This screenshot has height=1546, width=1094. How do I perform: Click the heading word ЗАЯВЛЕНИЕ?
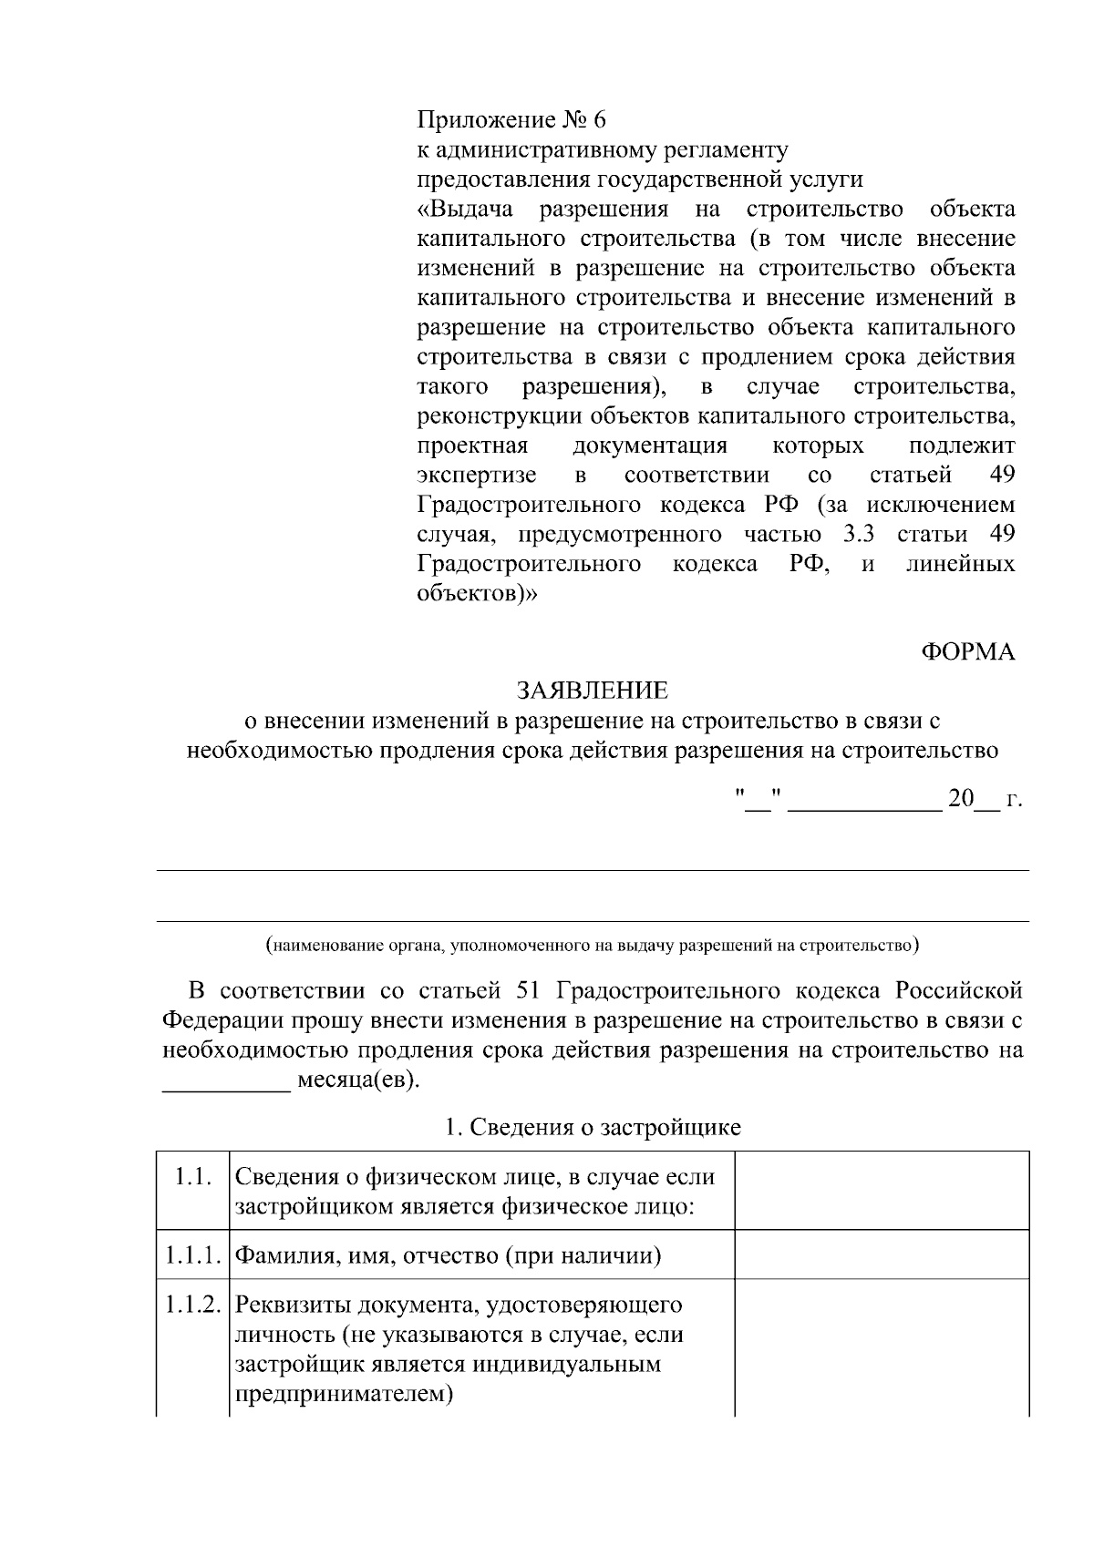[593, 690]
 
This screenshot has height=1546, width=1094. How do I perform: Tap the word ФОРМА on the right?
[968, 651]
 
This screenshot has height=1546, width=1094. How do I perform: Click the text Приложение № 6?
[511, 120]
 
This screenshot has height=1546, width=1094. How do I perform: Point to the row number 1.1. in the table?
[193, 1176]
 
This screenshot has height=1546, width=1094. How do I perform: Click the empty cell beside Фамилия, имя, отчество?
[882, 1254]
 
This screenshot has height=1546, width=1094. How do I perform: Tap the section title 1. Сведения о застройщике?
[593, 1127]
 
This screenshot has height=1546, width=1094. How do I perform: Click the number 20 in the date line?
[961, 799]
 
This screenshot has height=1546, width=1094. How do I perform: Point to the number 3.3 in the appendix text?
[859, 534]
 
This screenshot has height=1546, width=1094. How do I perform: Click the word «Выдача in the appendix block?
[466, 210]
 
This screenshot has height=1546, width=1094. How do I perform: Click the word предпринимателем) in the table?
[345, 1394]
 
